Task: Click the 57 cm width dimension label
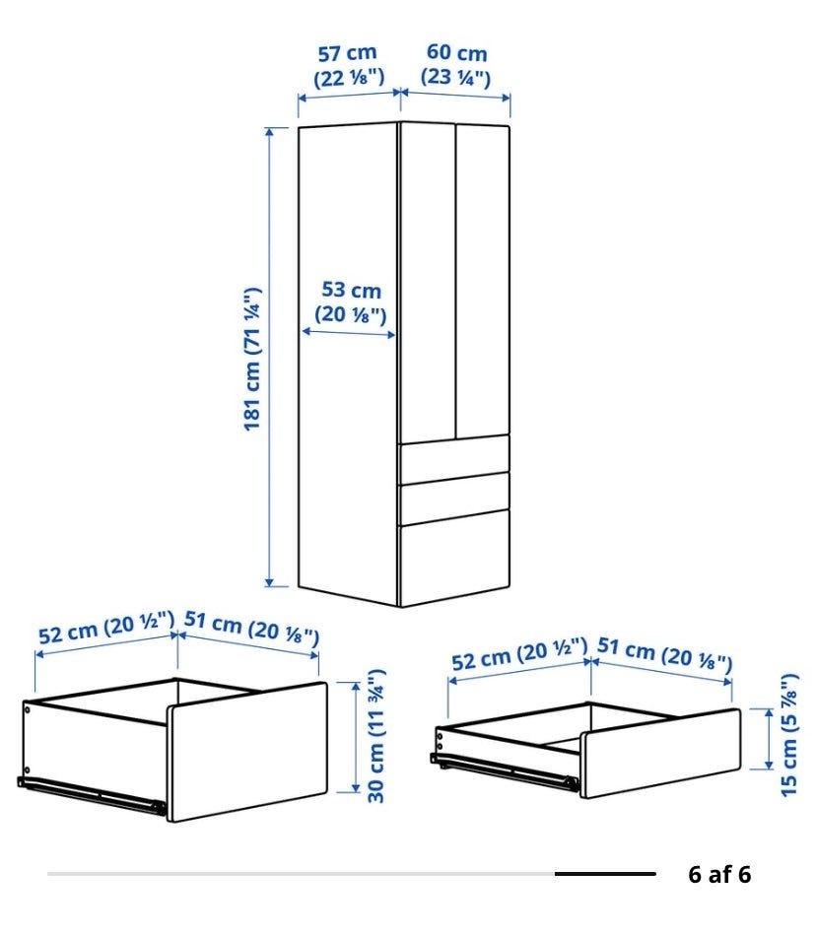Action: pos(349,65)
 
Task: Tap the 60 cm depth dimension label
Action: pos(456,64)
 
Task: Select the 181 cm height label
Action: pos(252,359)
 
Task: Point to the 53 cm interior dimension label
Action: pos(351,302)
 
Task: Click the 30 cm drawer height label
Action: pos(376,735)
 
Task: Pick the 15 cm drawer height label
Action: pos(788,735)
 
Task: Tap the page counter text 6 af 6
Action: pos(719,875)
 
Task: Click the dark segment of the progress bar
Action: pos(605,874)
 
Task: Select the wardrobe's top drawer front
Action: pos(454,459)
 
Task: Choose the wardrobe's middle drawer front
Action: pos(454,498)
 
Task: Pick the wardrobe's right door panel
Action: pos(483,281)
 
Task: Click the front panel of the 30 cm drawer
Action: pos(247,752)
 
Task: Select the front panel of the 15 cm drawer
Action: pos(661,754)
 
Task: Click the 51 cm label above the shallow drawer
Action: pos(664,652)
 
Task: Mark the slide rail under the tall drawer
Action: pos(92,795)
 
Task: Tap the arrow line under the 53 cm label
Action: pos(349,333)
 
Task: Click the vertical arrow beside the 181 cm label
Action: pos(269,357)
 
